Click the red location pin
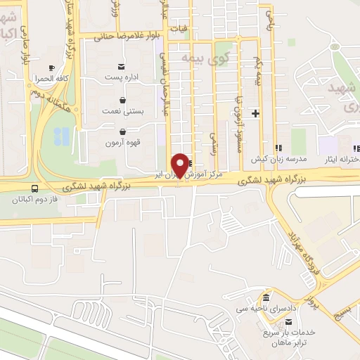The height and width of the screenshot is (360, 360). tap(181, 165)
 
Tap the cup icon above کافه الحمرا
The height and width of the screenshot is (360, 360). tap(51, 67)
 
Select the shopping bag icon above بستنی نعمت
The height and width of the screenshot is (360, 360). tap(123, 100)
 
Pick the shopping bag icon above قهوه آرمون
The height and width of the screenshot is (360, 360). tap(123, 131)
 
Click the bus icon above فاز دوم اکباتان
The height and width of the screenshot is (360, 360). tap(34, 188)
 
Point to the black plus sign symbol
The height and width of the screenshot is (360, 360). tap(256, 113)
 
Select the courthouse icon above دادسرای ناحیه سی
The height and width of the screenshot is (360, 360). tap(266, 298)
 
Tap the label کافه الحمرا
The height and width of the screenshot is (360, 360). tap(52, 79)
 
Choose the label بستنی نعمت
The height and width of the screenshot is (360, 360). tap(124, 111)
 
